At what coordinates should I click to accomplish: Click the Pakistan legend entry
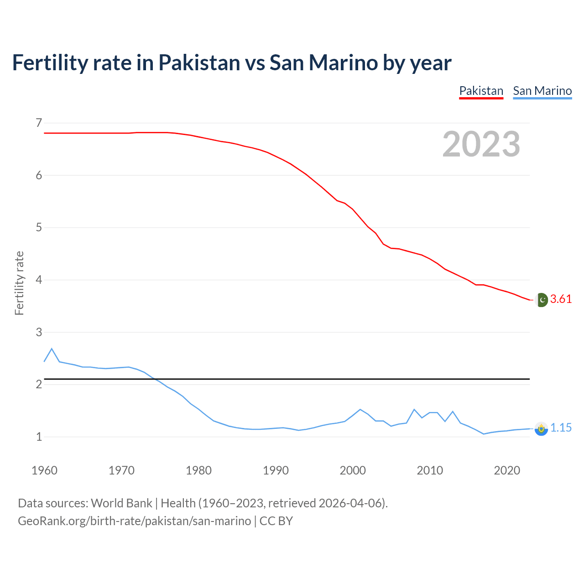tap(481, 91)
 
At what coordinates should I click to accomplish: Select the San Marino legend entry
tap(542, 91)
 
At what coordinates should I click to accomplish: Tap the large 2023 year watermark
tap(481, 144)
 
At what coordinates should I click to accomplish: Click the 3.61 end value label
tap(561, 299)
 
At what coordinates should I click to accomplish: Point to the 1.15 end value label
tap(561, 428)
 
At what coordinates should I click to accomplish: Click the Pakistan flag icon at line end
tap(542, 300)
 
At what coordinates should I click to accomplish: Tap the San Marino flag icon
tap(541, 429)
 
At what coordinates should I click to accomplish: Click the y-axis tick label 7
tap(39, 123)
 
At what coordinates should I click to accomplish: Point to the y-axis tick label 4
tap(39, 280)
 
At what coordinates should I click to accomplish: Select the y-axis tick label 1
tap(39, 437)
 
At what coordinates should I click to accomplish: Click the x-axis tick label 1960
tap(44, 470)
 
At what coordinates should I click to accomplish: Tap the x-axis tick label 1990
tap(276, 470)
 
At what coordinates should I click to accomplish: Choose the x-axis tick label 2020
tap(507, 470)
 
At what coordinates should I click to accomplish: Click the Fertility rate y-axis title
tap(19, 283)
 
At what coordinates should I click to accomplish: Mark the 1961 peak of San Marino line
tap(52, 349)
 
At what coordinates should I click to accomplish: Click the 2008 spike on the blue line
tap(414, 410)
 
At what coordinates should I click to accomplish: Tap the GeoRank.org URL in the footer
tap(134, 521)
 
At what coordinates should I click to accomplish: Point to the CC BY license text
tap(276, 521)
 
